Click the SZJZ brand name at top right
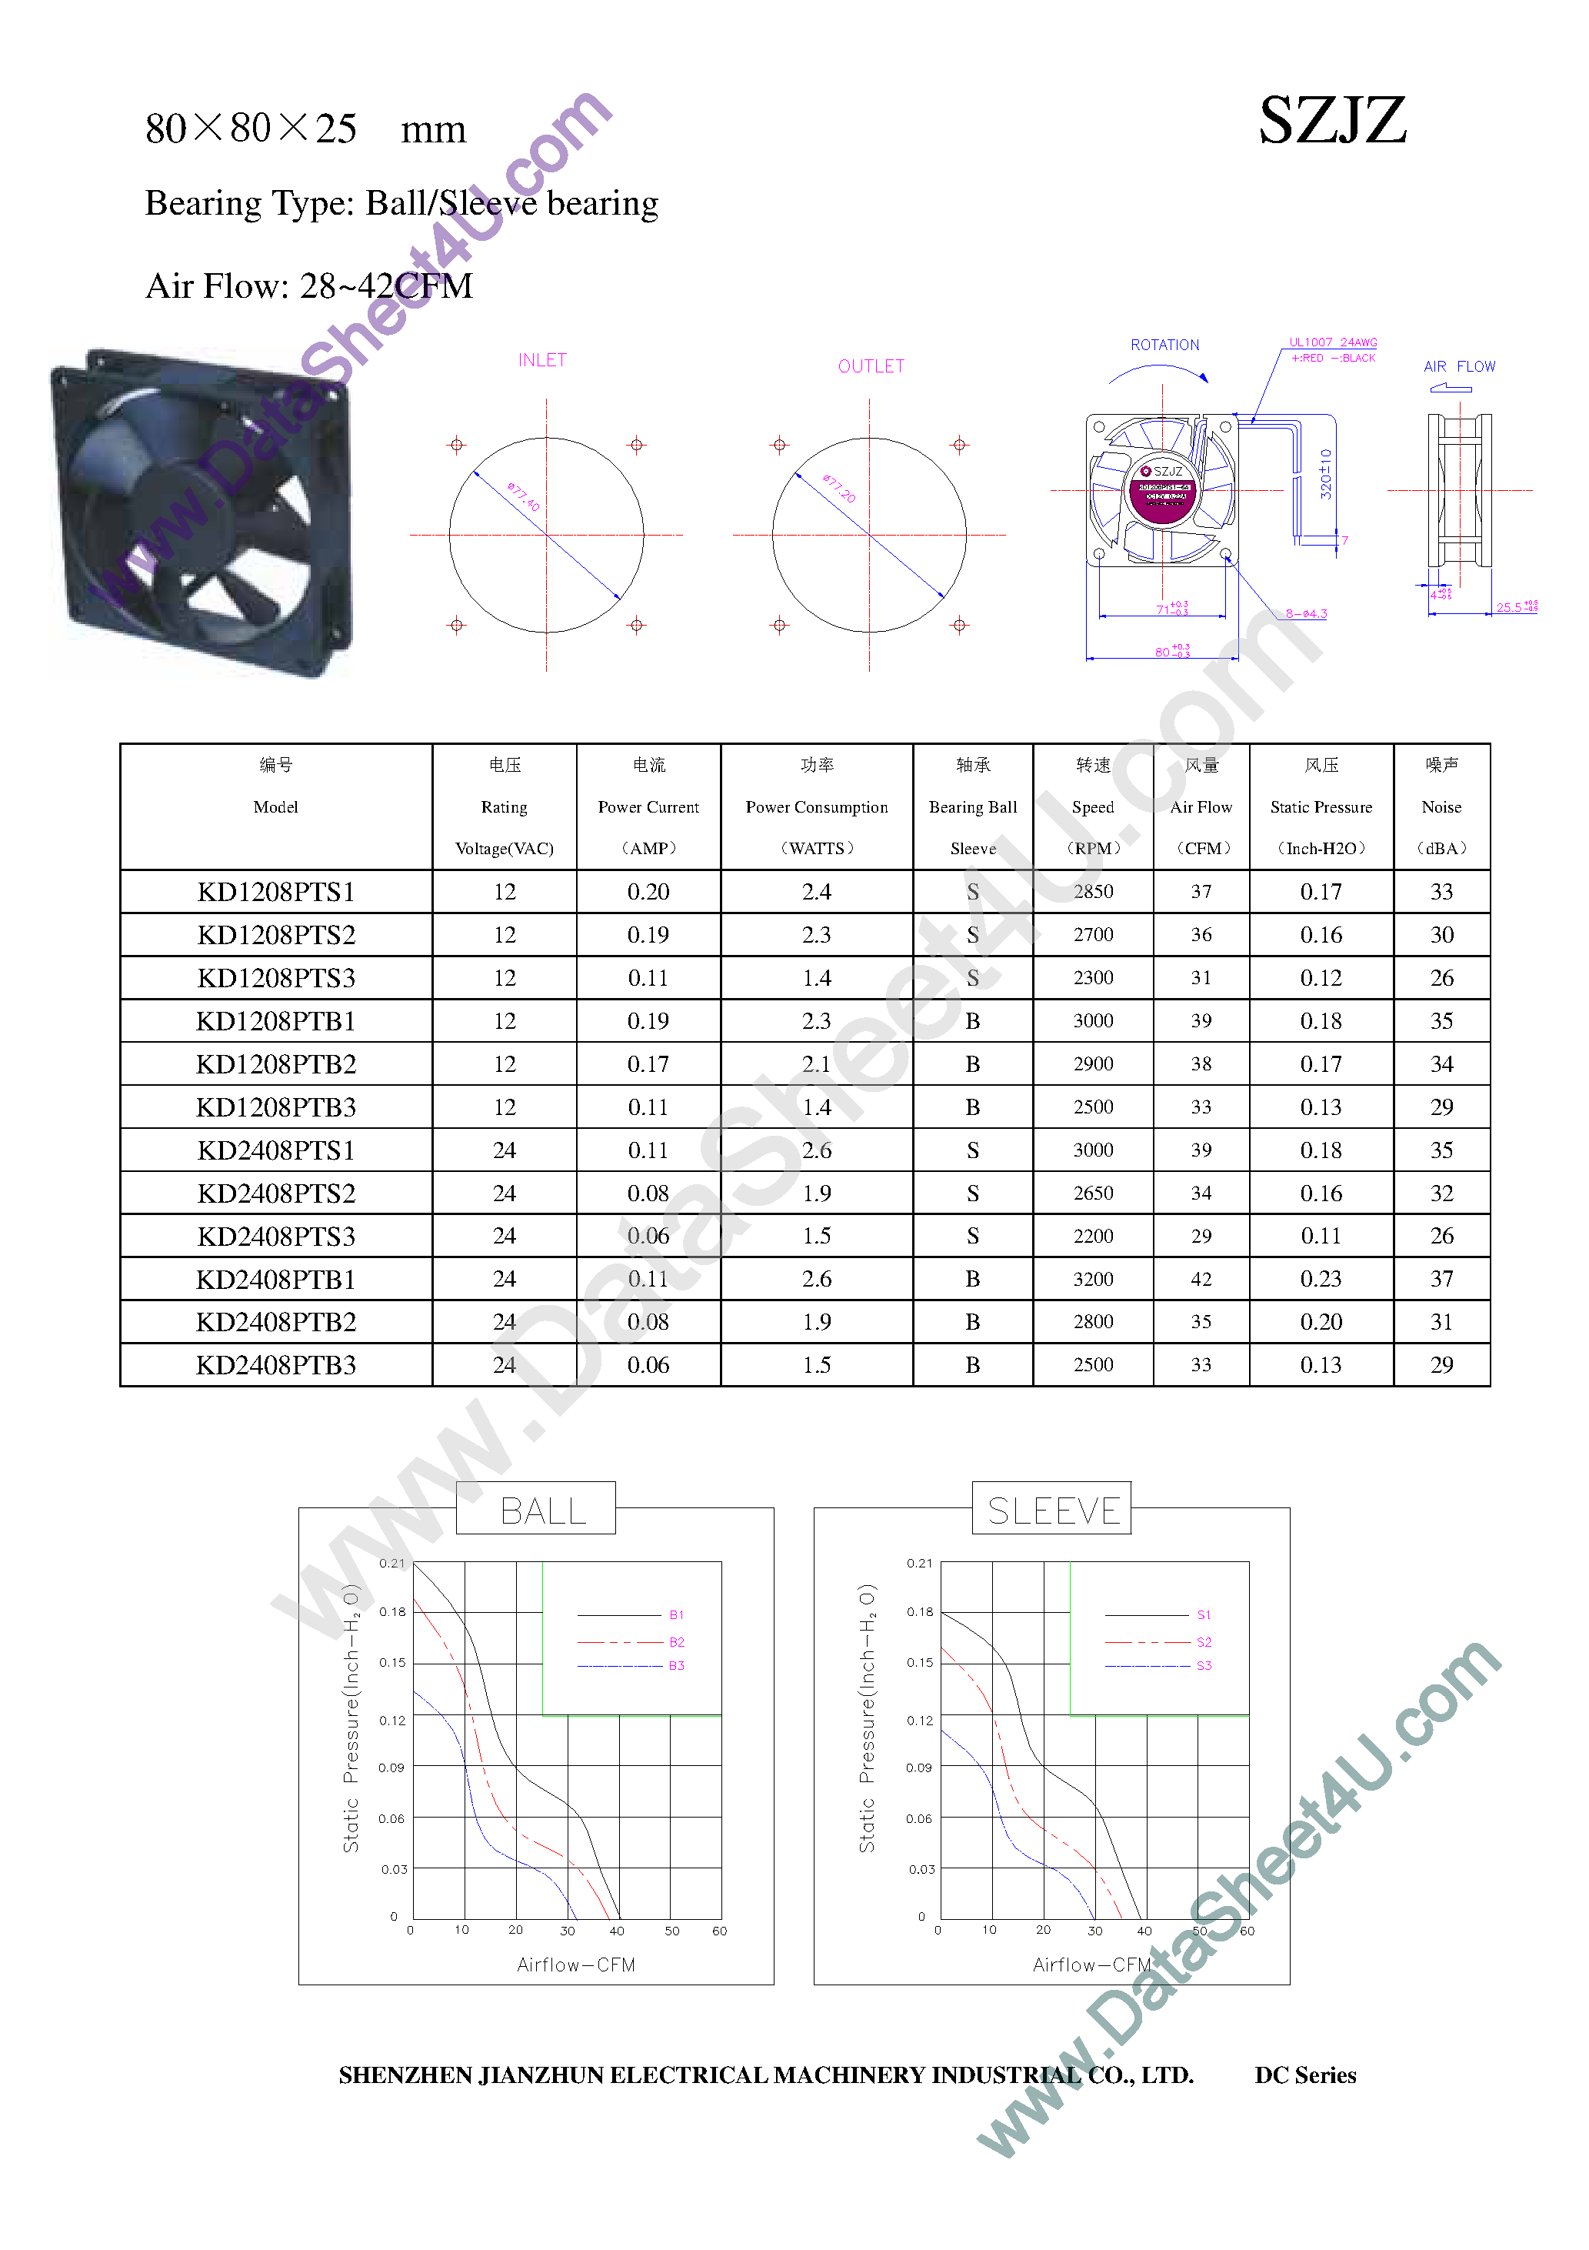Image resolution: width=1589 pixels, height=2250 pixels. click(1331, 122)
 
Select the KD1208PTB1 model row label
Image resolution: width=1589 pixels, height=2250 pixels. click(275, 1021)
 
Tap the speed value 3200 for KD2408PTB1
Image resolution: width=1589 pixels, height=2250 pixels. click(1092, 1279)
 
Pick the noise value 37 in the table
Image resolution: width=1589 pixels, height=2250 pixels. click(1441, 1279)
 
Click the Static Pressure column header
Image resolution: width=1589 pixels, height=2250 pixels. click(1321, 806)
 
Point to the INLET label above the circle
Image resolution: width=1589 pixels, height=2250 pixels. click(541, 361)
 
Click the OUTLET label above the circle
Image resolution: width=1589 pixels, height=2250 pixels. click(871, 366)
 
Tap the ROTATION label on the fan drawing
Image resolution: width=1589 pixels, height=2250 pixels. click(1164, 345)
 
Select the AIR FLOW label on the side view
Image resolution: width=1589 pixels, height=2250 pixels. click(1459, 366)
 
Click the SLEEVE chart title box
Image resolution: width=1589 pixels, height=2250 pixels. click(1052, 1510)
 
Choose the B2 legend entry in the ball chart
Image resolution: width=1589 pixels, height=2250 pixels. click(676, 1641)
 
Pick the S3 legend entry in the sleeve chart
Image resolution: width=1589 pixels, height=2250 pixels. click(1204, 1665)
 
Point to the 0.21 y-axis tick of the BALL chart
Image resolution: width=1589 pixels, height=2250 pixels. click(391, 1563)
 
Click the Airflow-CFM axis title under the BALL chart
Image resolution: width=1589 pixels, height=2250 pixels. click(576, 1965)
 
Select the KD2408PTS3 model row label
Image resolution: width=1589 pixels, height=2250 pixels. click(275, 1237)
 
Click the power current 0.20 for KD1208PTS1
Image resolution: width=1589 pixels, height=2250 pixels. click(648, 892)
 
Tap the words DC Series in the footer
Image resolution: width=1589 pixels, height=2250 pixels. click(1305, 2075)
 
